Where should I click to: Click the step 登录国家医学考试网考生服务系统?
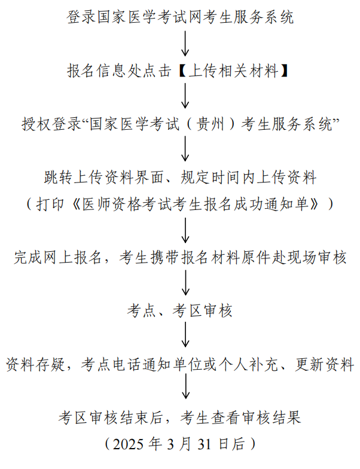tap(180, 17)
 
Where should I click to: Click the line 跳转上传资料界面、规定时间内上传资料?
tap(180, 178)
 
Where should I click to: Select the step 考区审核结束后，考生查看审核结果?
tap(180, 417)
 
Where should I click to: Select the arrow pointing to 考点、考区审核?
tap(185, 284)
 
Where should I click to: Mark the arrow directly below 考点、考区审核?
tap(185, 337)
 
